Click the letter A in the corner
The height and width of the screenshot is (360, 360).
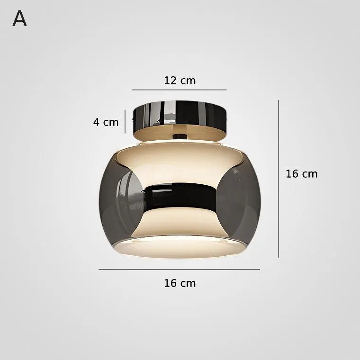(x=19, y=18)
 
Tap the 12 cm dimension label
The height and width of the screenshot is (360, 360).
(x=180, y=81)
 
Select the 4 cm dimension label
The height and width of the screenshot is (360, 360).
(x=106, y=122)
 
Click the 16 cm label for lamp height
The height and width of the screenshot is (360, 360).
(x=301, y=174)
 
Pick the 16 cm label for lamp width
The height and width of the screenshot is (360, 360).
(x=180, y=283)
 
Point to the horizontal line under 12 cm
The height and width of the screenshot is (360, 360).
(x=180, y=90)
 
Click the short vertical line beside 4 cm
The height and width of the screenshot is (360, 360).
(x=125, y=121)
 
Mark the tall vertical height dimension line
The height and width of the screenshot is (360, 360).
(x=279, y=179)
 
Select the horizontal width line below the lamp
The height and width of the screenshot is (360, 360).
(x=180, y=270)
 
